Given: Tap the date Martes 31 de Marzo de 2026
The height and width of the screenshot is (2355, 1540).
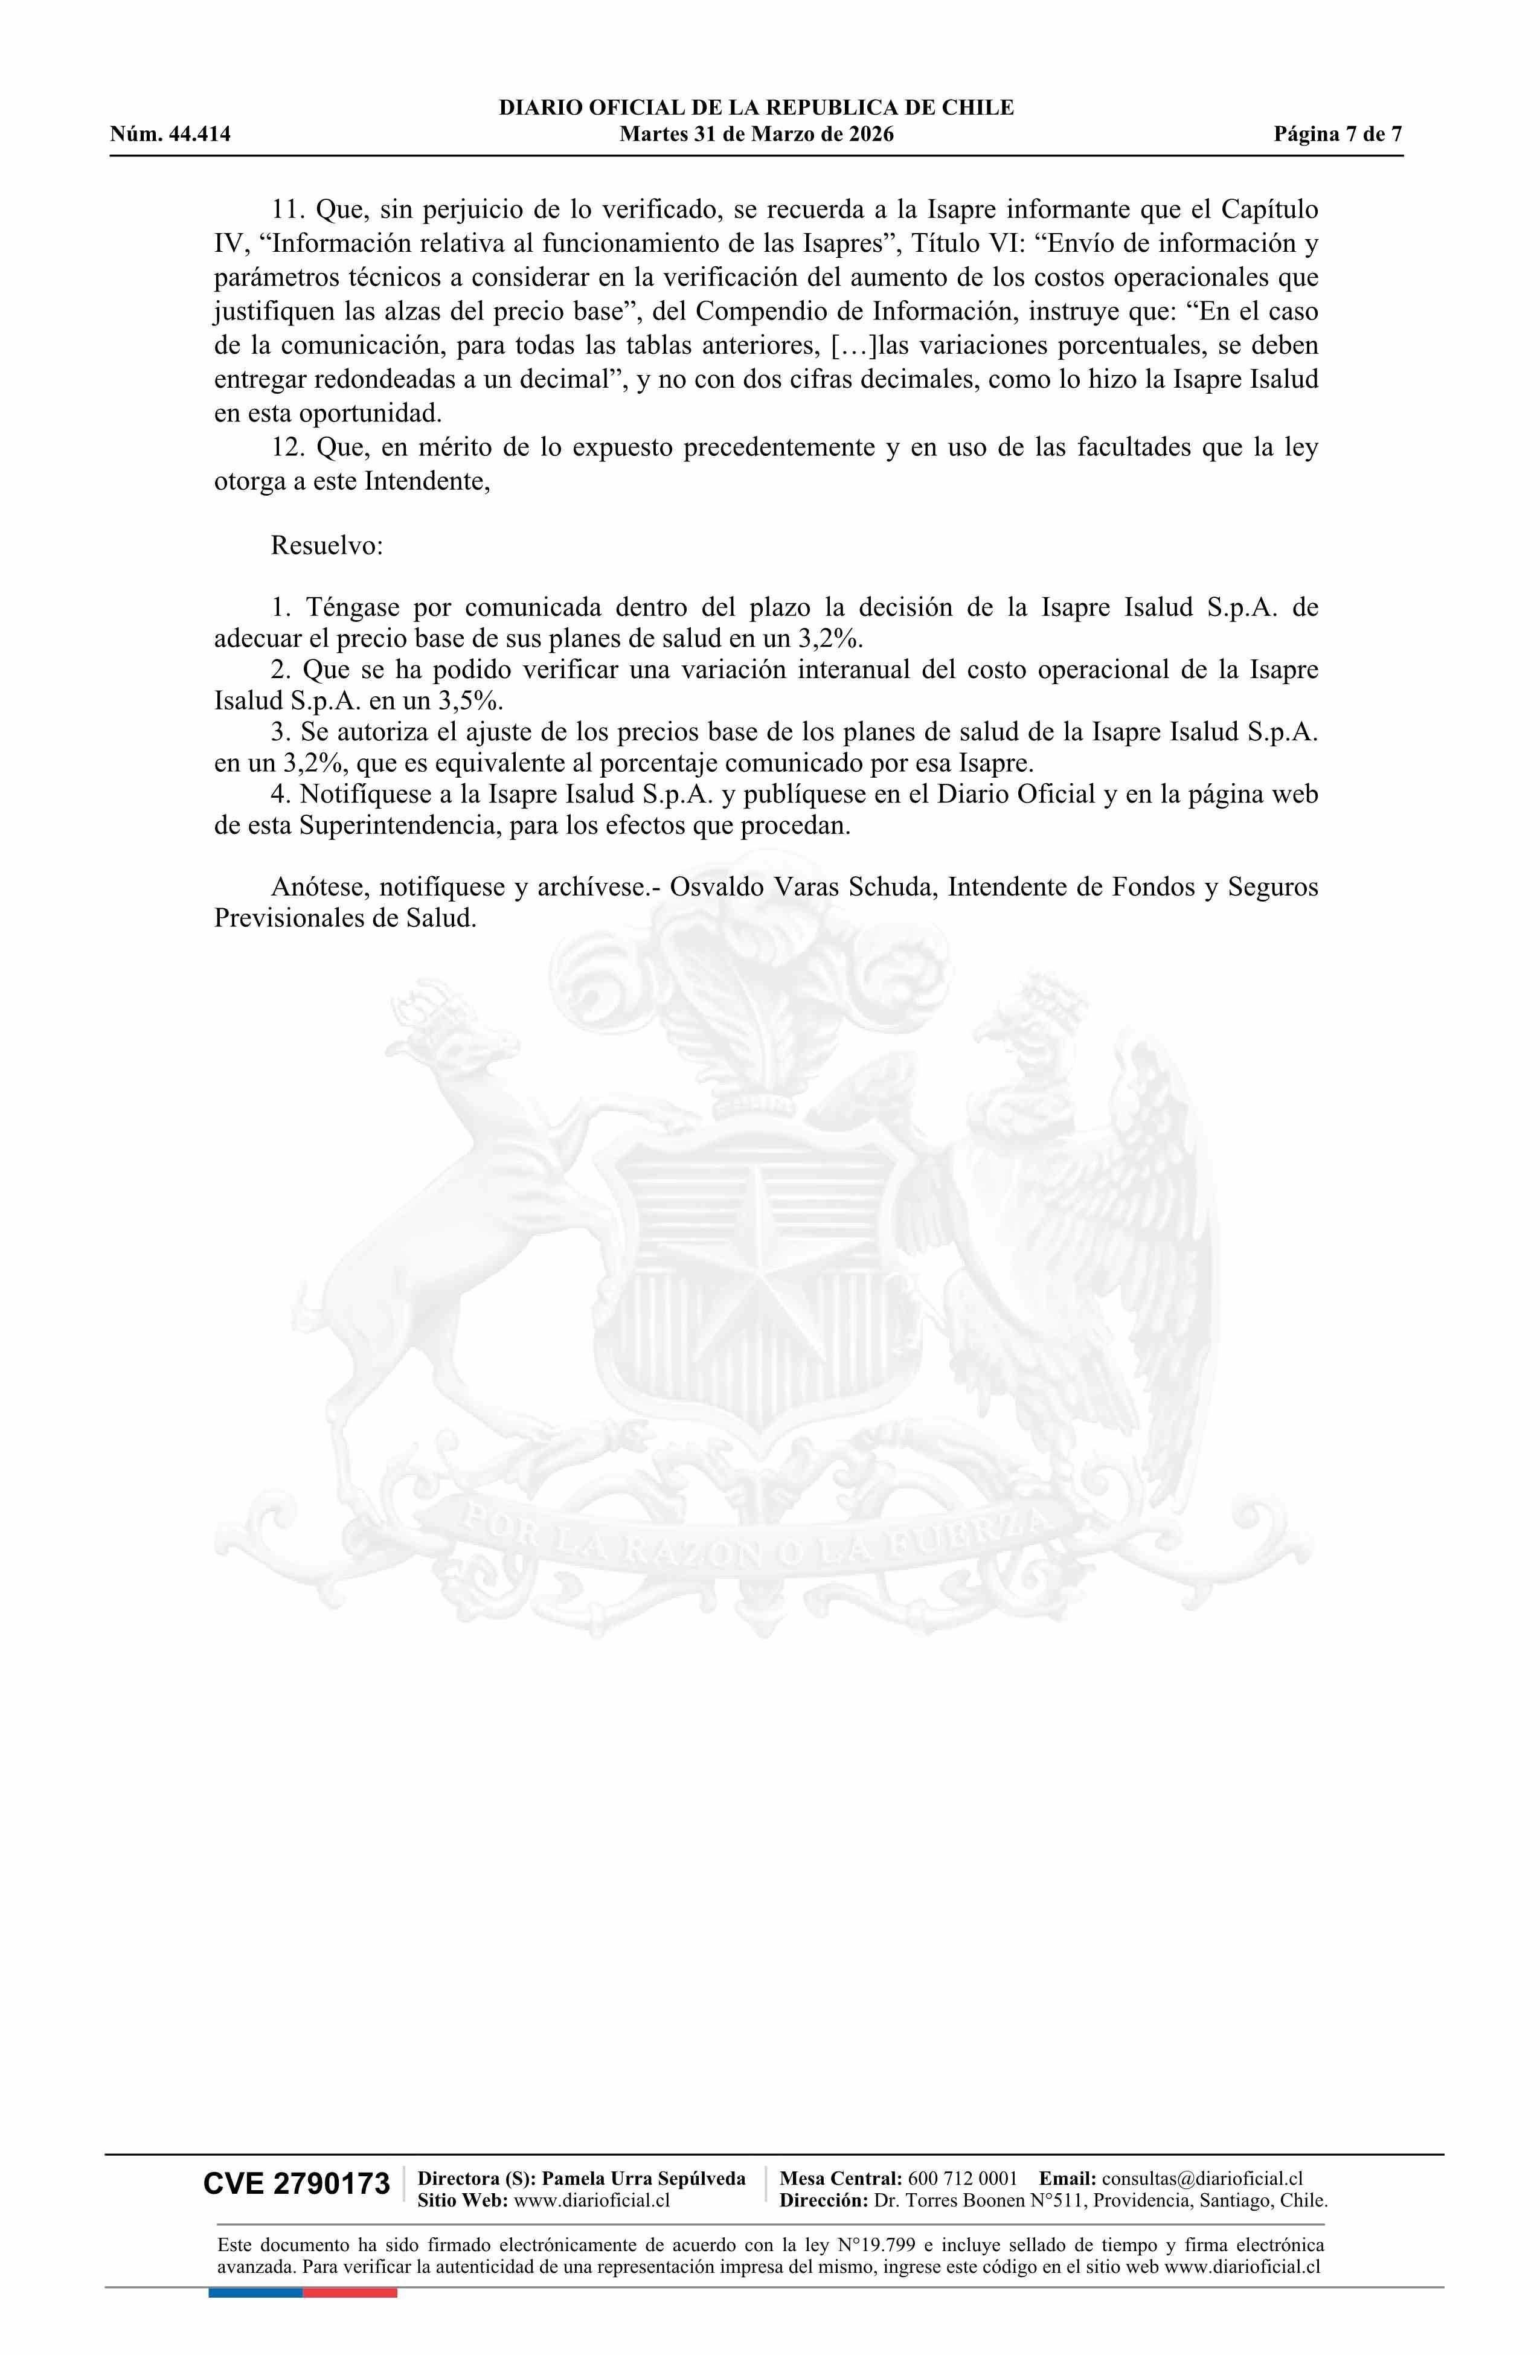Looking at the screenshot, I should click(x=756, y=135).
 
